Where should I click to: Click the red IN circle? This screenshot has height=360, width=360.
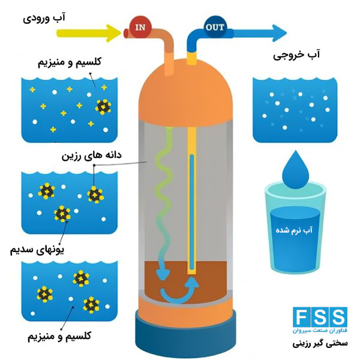(140, 28)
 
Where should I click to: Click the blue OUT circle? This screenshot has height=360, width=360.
(215, 27)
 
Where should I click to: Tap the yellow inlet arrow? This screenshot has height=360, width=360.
(88, 33)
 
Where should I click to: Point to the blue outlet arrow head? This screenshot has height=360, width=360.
(279, 33)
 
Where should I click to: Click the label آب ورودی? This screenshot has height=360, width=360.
(44, 17)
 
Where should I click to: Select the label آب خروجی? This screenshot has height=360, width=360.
(296, 54)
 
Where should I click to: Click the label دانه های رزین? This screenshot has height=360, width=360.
(91, 155)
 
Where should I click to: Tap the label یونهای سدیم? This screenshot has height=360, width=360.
(37, 250)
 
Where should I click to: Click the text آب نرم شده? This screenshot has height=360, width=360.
(294, 230)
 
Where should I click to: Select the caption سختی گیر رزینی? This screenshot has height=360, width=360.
(320, 343)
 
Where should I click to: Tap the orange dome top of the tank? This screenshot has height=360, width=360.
(185, 92)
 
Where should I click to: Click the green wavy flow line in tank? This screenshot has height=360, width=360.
(163, 195)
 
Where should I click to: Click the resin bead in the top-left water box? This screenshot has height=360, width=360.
(103, 107)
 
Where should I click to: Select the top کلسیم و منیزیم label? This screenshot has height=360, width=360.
(70, 62)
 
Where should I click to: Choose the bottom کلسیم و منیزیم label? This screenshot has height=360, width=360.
(59, 337)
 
